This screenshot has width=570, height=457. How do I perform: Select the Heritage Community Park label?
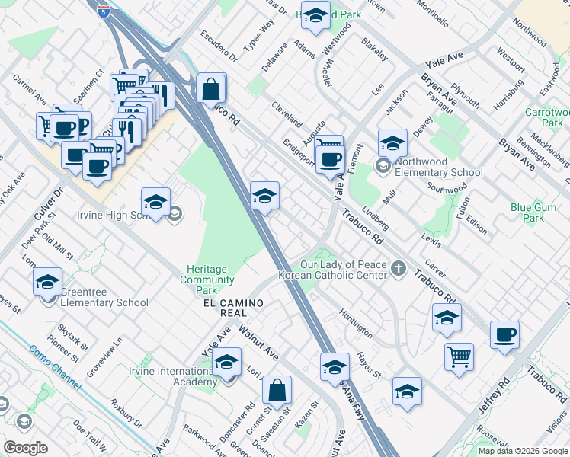[207, 280]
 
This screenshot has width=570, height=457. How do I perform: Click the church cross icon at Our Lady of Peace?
[398, 268]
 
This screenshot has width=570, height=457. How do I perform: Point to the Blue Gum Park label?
[538, 212]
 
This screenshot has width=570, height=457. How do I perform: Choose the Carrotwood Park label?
[544, 117]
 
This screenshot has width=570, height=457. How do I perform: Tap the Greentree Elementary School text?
[94, 302]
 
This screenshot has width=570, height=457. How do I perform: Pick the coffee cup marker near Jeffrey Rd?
[504, 334]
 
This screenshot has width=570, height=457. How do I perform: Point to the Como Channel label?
[56, 374]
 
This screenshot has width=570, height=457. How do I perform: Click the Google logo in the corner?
[25, 448]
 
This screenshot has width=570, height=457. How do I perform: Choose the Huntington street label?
[356, 329]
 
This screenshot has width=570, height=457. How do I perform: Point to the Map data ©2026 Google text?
[522, 450]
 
